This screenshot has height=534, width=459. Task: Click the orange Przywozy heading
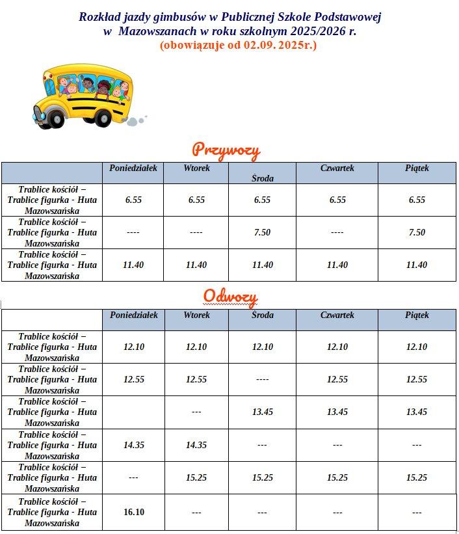pos(226,151)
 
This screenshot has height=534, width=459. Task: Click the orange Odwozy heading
pos(230,297)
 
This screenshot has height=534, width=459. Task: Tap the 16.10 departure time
pos(133,512)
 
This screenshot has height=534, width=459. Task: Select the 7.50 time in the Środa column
pos(262,232)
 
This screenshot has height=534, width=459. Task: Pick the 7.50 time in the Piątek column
pos(417,232)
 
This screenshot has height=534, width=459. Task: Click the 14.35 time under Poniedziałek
pos(133,445)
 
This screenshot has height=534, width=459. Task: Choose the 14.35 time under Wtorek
pos(196,445)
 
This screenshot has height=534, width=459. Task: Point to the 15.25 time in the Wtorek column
pos(196,477)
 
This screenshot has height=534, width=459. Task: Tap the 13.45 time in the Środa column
pos(262,412)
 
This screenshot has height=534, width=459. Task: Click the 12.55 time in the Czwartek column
pos(337,379)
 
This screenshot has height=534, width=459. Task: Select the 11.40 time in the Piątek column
pos(417,265)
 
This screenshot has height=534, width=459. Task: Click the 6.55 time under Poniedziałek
pos(133,200)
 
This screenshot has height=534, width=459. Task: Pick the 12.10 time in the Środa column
pos(262,347)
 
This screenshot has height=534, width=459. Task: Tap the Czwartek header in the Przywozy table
pos(337,168)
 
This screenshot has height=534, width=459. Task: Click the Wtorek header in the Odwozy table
pos(196,315)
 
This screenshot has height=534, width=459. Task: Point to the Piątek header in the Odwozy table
pos(417,315)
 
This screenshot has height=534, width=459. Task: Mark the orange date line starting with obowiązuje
pos(238,46)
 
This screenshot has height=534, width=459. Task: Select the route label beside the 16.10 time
pos(52,512)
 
